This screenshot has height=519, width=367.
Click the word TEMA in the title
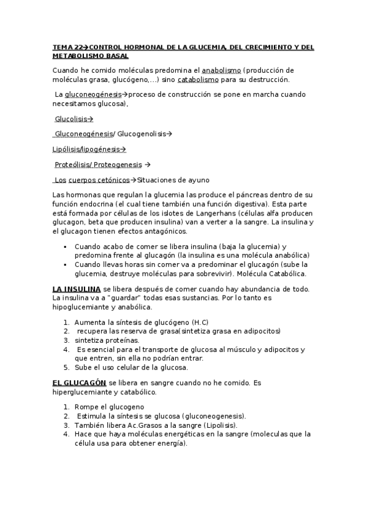pyautogui.click(x=61, y=47)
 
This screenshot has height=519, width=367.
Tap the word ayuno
pyautogui.click(x=199, y=180)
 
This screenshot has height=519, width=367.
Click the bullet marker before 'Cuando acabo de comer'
pyautogui.click(x=65, y=246)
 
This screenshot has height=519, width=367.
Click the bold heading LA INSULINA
pyautogui.click(x=77, y=289)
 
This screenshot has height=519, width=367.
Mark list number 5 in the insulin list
pyautogui.click(x=66, y=368)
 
